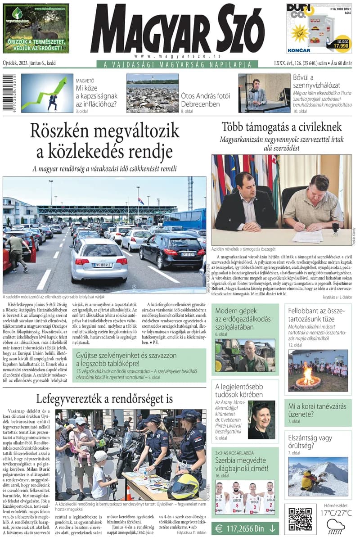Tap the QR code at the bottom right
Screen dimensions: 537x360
pos(300,519)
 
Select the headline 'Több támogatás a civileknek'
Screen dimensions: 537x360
pos(282,127)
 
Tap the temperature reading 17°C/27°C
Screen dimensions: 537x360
pos(336,513)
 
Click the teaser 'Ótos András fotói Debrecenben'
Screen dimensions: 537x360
pos(206,100)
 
